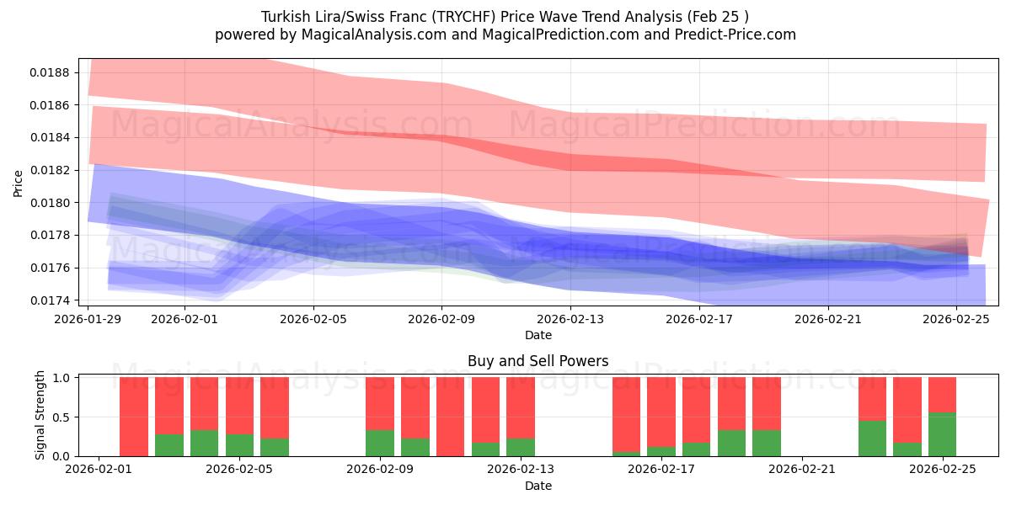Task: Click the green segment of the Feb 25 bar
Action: (x=942, y=434)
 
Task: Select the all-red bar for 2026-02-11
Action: (x=450, y=417)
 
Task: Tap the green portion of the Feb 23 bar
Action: (x=872, y=439)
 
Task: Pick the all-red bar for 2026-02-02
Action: (x=134, y=417)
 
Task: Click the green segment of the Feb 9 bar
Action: (x=380, y=443)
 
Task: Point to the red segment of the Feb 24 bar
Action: (x=907, y=409)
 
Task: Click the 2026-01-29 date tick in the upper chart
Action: (x=89, y=319)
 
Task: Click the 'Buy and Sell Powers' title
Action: (x=538, y=361)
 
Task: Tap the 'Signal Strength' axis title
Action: (x=40, y=415)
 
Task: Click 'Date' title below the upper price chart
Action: (x=538, y=335)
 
